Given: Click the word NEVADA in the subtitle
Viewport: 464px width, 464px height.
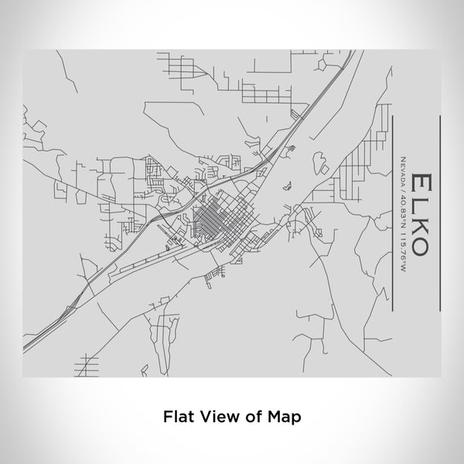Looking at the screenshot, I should pyautogui.click(x=402, y=169).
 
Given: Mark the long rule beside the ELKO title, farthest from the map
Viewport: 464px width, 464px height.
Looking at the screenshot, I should pyautogui.click(x=439, y=213).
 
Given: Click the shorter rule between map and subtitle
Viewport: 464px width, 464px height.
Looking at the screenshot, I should pyautogui.click(x=392, y=213).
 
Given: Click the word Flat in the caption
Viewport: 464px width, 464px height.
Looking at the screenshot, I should pyautogui.click(x=179, y=415).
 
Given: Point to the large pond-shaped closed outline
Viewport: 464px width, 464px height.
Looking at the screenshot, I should pyautogui.click(x=318, y=162).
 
